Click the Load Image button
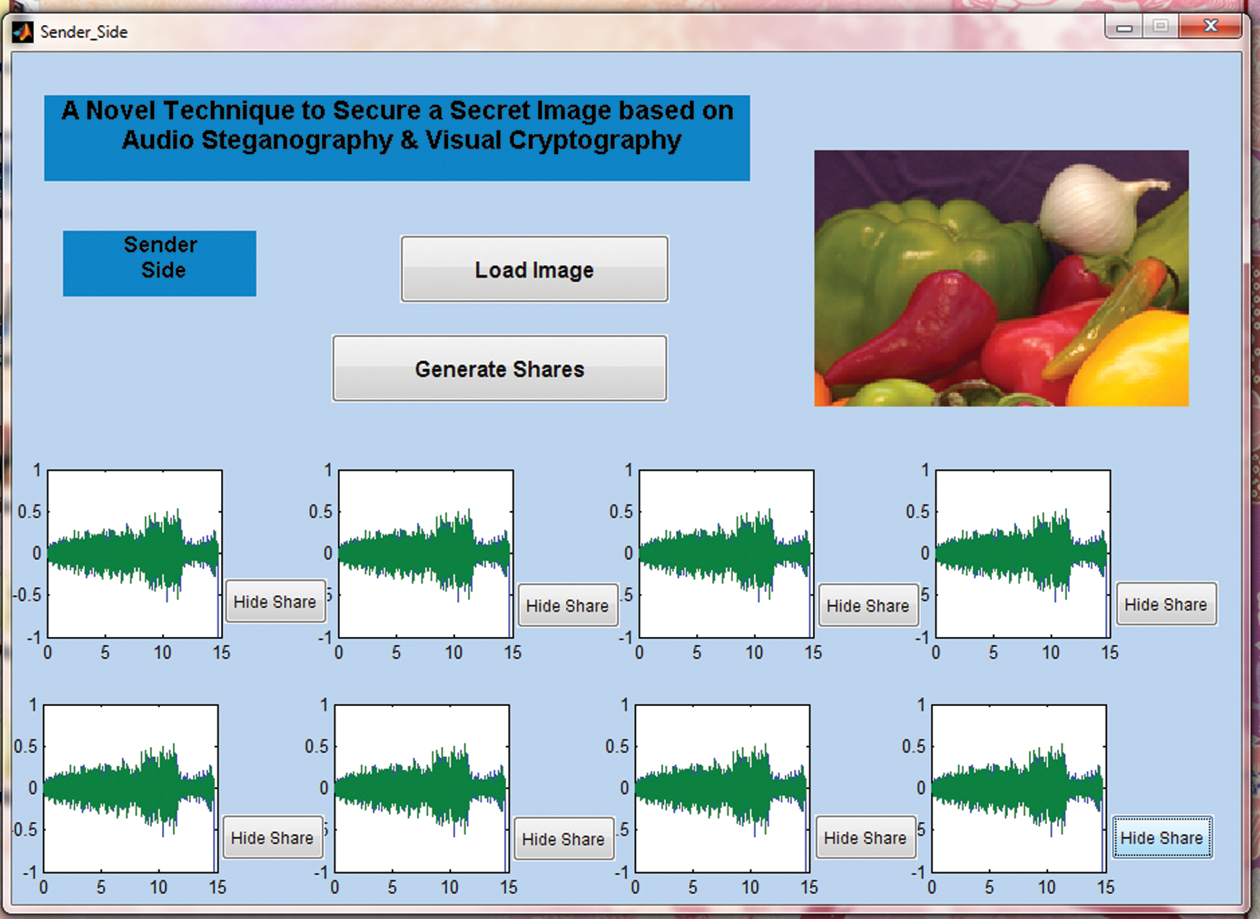tap(534, 270)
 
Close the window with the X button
tap(1211, 27)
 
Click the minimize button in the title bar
tap(1125, 28)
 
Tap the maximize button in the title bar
tap(1161, 27)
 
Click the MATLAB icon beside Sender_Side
tap(23, 32)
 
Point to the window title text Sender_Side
tap(84, 32)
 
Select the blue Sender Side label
tap(160, 263)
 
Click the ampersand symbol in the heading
tap(409, 140)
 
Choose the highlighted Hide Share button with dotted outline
tap(1162, 838)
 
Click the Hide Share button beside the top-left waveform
tap(275, 602)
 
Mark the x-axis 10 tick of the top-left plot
tap(163, 653)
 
